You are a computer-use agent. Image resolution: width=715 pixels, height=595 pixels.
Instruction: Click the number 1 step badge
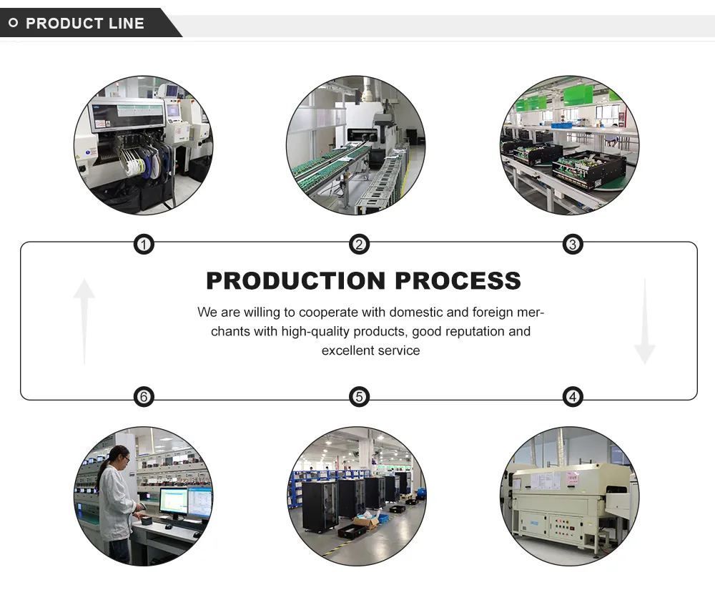(144, 245)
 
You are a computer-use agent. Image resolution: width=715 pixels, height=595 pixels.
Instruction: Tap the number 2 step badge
(359, 245)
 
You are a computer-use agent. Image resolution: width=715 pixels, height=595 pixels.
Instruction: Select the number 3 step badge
(572, 245)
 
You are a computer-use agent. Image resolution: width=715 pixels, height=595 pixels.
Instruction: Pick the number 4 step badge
(572, 397)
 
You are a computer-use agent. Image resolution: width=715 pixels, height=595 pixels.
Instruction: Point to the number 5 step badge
(359, 397)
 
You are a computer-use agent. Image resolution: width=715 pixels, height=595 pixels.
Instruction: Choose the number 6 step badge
(144, 397)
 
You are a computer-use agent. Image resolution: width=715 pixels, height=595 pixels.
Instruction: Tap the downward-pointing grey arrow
(644, 322)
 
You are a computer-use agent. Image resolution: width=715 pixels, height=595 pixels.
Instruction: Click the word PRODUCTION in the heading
(296, 280)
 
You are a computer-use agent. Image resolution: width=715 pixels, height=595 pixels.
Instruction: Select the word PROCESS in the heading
(458, 280)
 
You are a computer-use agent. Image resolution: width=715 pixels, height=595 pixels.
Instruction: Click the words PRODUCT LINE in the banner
(85, 24)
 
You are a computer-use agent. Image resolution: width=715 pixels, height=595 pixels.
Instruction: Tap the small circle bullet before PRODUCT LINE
(13, 24)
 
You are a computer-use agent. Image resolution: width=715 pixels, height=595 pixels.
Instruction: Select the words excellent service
(370, 350)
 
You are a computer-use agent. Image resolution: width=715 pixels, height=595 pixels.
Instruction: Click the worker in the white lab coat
(114, 501)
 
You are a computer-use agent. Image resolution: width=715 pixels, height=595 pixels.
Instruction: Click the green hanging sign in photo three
(578, 95)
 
